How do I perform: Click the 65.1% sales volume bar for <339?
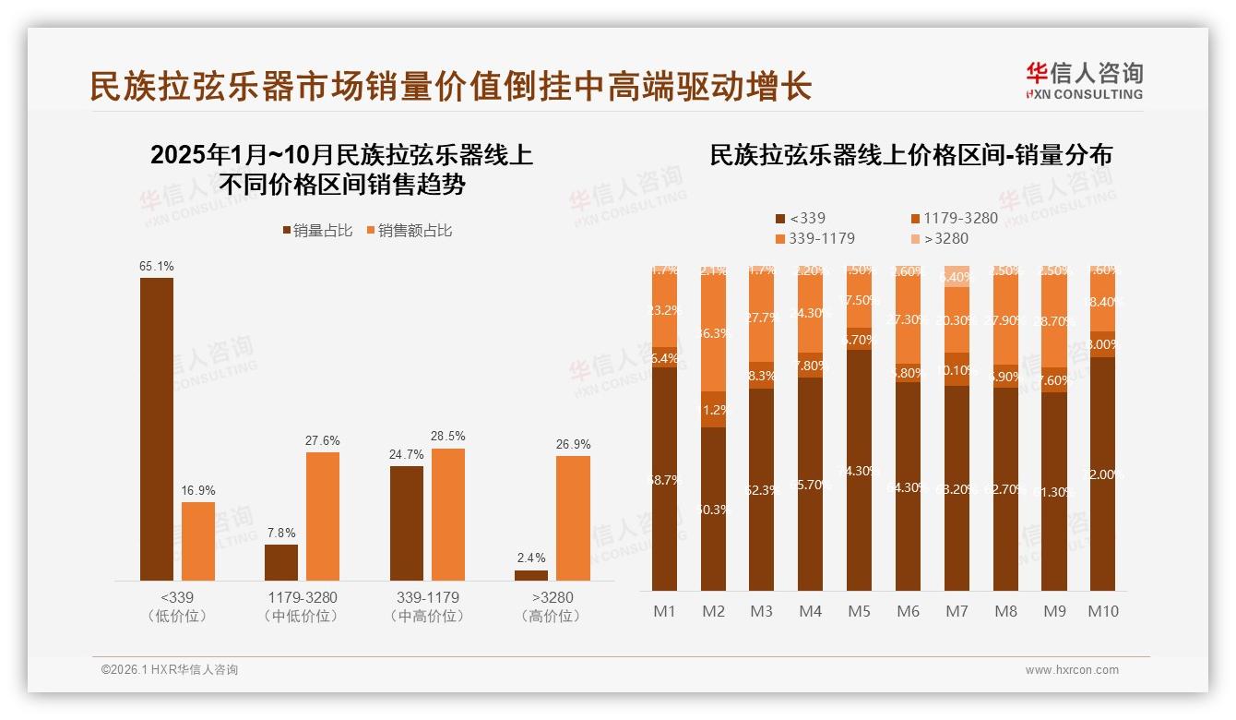pyautogui.click(x=156, y=429)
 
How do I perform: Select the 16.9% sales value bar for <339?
pyautogui.click(x=197, y=542)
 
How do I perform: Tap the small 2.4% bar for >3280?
pyautogui.click(x=530, y=576)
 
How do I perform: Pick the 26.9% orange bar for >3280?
pyautogui.click(x=573, y=518)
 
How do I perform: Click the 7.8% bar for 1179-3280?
pyautogui.click(x=281, y=562)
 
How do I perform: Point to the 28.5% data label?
pyautogui.click(x=447, y=436)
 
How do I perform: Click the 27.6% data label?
pyautogui.click(x=322, y=440)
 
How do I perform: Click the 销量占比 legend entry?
pyautogui.click(x=316, y=231)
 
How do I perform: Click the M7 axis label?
pyautogui.click(x=957, y=611)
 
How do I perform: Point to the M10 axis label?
pyautogui.click(x=1102, y=611)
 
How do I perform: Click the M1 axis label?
pyautogui.click(x=664, y=611)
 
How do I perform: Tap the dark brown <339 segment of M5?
pyautogui.click(x=859, y=471)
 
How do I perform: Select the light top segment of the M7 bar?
pyautogui.click(x=957, y=276)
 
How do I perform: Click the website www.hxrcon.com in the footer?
pyautogui.click(x=1071, y=670)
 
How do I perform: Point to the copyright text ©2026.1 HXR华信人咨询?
pyautogui.click(x=170, y=670)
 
